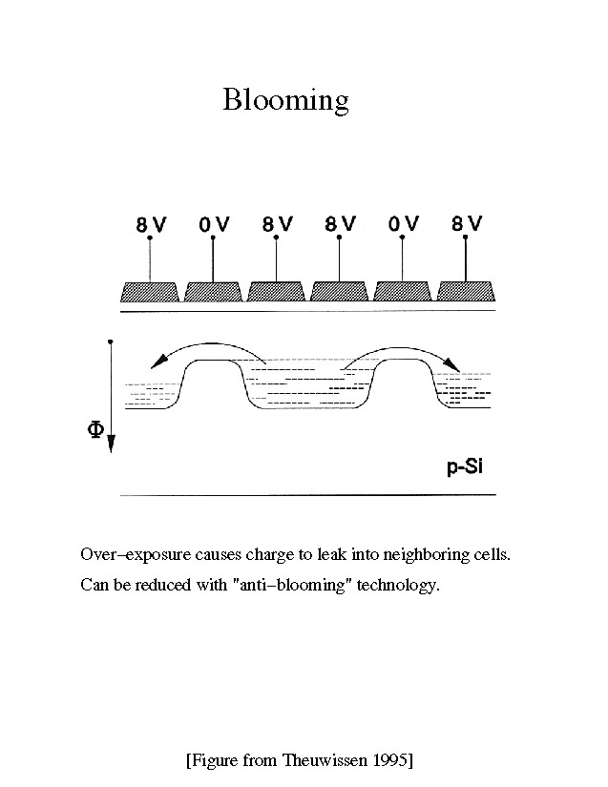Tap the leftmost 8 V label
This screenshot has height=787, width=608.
click(x=151, y=225)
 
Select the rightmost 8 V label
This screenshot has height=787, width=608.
click(x=467, y=224)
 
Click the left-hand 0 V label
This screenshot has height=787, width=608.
click(x=214, y=225)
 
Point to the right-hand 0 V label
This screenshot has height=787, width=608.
click(x=404, y=224)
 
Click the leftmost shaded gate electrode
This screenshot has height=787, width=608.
click(x=149, y=291)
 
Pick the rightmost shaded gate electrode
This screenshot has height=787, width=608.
click(x=466, y=291)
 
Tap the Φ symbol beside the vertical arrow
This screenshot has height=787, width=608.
click(x=95, y=430)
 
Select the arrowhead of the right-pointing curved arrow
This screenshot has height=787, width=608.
click(x=454, y=367)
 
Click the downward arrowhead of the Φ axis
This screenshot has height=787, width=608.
click(x=112, y=445)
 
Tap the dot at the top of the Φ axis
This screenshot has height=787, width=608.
click(x=112, y=341)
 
